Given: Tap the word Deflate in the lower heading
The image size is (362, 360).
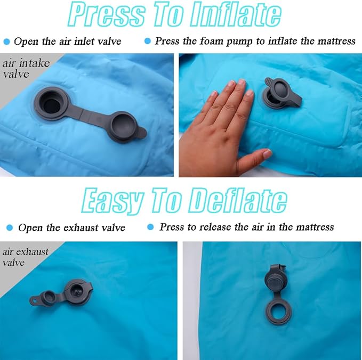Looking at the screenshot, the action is pos(238,200).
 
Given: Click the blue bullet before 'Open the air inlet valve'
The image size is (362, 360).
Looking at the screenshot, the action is pos(7,42).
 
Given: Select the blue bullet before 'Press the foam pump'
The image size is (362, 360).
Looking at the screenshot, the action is pos(148,42).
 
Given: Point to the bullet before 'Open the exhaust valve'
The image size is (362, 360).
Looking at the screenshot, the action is pos(10,228).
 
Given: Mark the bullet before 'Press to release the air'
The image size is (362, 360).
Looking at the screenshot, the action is pos(150,227).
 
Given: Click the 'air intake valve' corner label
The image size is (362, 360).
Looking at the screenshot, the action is pos(26,69).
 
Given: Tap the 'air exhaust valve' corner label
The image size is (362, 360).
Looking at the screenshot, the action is pos(26,257).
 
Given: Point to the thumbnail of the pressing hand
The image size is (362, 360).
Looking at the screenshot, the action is pos(267,153).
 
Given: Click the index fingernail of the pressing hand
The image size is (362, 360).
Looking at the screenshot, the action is pos(242,82).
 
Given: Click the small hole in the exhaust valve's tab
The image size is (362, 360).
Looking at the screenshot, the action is pos(35,301).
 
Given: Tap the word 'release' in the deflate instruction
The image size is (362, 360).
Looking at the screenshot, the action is pos(215,227).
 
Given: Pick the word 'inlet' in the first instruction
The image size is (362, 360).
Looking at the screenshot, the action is pos(84,42).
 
